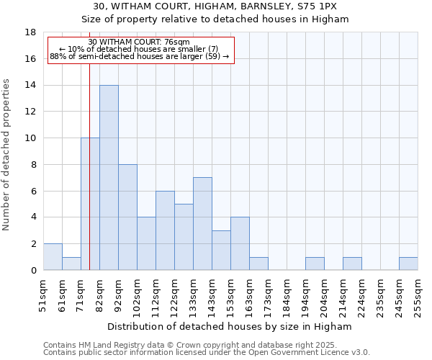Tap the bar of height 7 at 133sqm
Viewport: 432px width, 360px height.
pyautogui.click(x=202, y=223)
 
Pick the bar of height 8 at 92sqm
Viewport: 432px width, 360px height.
pyautogui.click(x=127, y=217)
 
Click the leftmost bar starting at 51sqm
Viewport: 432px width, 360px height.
pyautogui.click(x=53, y=257)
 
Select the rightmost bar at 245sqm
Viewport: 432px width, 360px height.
pyautogui.click(x=408, y=264)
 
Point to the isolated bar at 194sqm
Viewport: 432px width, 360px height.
pyautogui.click(x=315, y=264)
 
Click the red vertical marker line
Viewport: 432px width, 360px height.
pyautogui.click(x=89, y=180)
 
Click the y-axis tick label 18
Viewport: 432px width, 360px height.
pyautogui.click(x=30, y=32)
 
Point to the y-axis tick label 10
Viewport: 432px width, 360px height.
pyautogui.click(x=30, y=138)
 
